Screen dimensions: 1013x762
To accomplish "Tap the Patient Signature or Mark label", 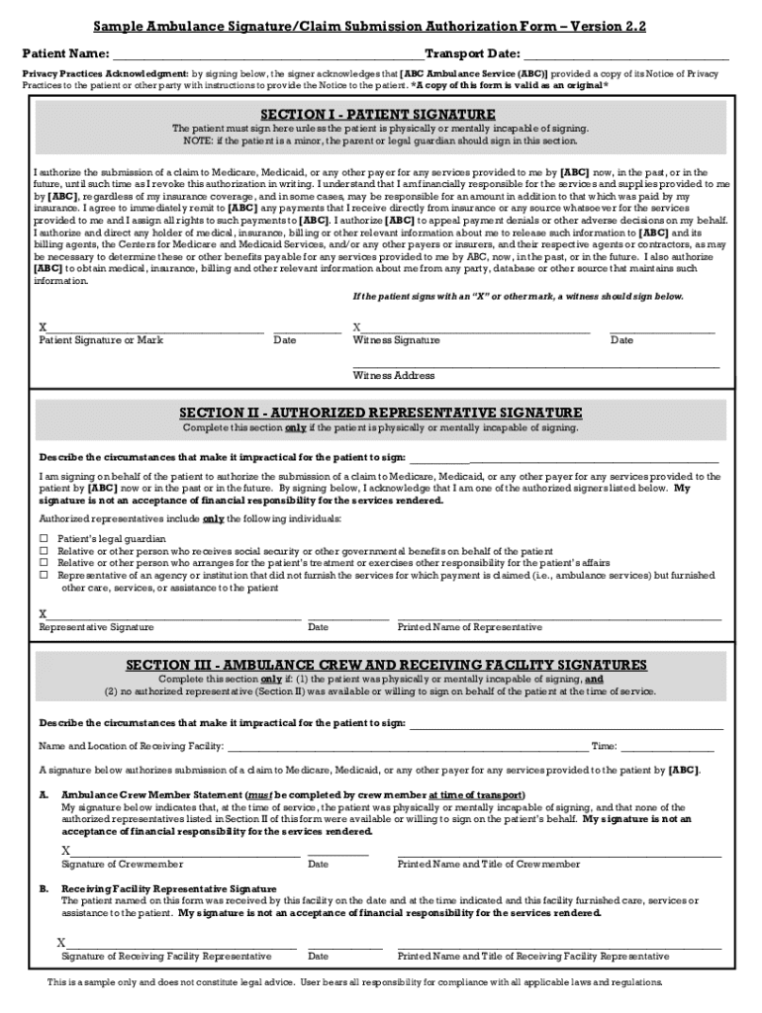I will pyautogui.click(x=101, y=340).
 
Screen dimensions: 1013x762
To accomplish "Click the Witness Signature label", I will pyautogui.click(x=396, y=340).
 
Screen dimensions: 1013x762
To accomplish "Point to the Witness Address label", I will pyautogui.click(x=394, y=375).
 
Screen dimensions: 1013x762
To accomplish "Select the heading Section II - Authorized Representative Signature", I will pyautogui.click(x=380, y=413).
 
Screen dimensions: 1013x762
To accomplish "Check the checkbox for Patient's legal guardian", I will pyautogui.click(x=44, y=539).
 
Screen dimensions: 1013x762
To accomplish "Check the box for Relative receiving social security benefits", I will pyautogui.click(x=44, y=551).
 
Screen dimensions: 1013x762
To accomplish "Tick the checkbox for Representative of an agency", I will pyautogui.click(x=44, y=575).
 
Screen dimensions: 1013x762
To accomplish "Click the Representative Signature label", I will pyautogui.click(x=96, y=627).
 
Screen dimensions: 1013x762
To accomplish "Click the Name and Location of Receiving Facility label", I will pyautogui.click(x=131, y=746).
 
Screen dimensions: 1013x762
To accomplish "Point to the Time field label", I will pyautogui.click(x=604, y=746).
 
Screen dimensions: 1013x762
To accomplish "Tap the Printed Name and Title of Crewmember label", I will pyautogui.click(x=488, y=864).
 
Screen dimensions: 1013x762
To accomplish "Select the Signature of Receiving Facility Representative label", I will pyautogui.click(x=166, y=957).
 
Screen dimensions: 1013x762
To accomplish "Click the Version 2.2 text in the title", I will pyautogui.click(x=607, y=28).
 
